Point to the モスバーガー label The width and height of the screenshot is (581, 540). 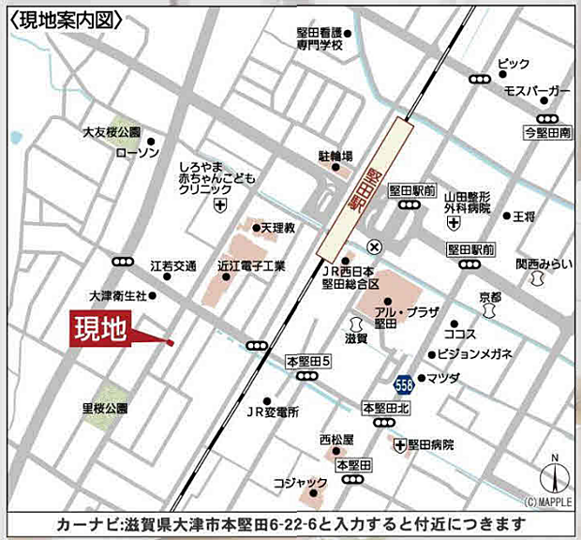click(536, 90)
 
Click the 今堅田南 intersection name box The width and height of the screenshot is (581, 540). click(547, 133)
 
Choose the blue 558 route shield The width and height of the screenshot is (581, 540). click(403, 383)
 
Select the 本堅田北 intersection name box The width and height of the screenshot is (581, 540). click(386, 407)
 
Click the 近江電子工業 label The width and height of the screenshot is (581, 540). click(251, 265)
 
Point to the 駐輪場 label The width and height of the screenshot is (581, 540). click(335, 156)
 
